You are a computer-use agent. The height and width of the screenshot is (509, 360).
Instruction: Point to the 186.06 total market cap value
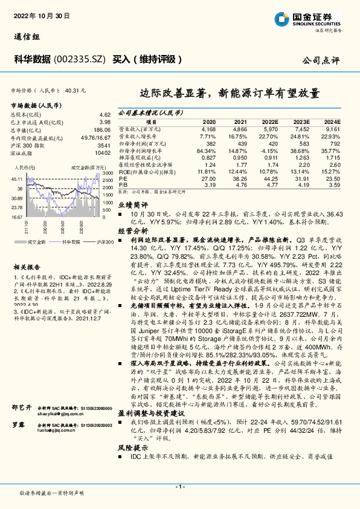tap(102, 130)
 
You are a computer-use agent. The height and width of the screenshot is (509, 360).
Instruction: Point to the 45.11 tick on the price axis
tap(16, 180)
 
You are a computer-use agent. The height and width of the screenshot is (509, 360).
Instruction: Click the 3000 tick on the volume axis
tap(108, 173)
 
